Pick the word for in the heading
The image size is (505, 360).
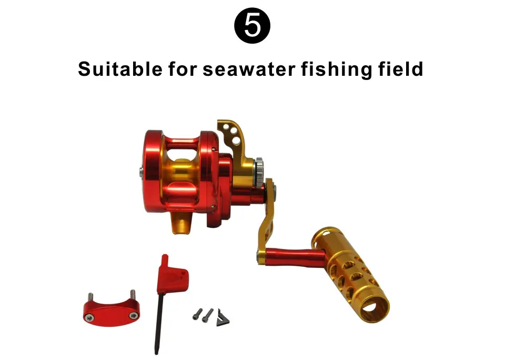click(x=183, y=69)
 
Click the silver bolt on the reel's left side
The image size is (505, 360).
click(x=141, y=171)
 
